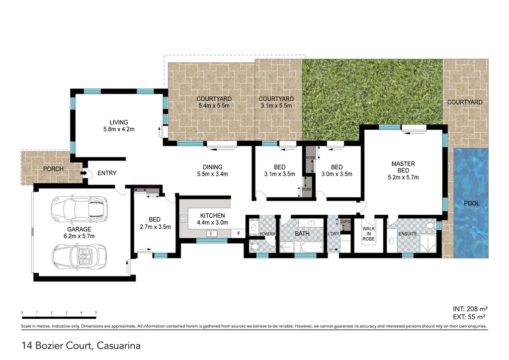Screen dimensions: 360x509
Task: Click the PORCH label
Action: pos(53,169)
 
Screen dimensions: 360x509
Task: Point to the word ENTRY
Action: pos(107,174)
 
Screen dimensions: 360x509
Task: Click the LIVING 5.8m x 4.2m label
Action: pos(119,126)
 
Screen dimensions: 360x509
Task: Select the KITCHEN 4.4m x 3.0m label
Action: pos(213,219)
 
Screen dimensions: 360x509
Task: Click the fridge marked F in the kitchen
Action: pos(239,233)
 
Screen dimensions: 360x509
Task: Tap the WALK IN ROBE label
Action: pos(368,234)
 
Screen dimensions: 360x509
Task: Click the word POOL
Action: pos(471,203)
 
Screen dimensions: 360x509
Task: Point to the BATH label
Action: pos(302,233)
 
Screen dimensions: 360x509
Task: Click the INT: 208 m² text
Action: pos(467,309)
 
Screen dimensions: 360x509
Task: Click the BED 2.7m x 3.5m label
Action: pos(154,223)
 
